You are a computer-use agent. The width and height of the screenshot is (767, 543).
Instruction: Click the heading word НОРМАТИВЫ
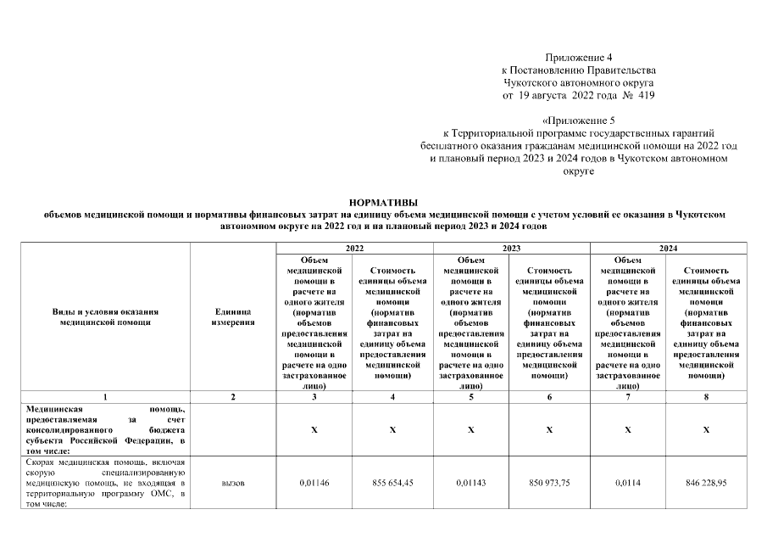point(383,203)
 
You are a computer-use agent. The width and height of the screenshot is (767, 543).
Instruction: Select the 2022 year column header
point(353,248)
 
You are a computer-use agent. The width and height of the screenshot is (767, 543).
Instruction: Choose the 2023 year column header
point(511,248)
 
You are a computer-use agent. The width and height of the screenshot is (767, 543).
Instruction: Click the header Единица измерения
point(233,317)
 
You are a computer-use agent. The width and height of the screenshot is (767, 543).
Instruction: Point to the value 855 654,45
point(392,482)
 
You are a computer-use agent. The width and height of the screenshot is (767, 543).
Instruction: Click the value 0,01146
point(314,482)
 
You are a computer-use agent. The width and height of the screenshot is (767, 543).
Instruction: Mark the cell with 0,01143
point(471,482)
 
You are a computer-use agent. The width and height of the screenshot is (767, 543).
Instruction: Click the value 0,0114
point(628,482)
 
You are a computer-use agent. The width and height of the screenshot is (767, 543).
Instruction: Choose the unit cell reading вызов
point(233,482)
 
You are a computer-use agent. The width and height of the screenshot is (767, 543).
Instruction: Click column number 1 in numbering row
point(105,396)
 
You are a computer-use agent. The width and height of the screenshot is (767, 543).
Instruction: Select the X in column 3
point(314,431)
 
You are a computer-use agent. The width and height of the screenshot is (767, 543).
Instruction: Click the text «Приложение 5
point(580,121)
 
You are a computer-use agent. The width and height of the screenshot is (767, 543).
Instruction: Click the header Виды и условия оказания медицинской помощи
point(105,317)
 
